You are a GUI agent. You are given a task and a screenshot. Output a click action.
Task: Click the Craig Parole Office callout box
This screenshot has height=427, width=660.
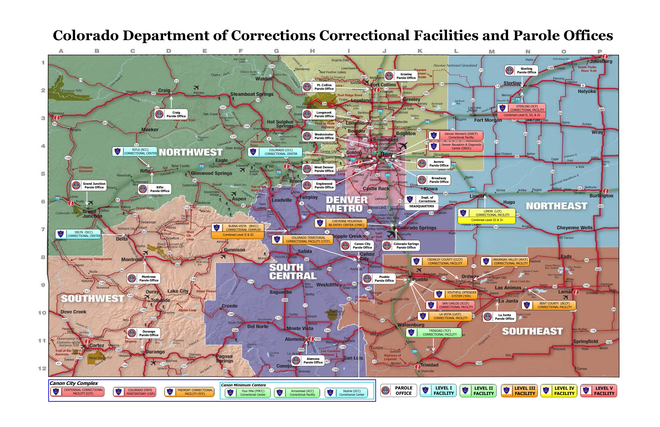[x=171, y=114]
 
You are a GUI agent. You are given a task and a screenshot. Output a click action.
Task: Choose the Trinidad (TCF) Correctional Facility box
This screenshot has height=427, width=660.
[x=434, y=332]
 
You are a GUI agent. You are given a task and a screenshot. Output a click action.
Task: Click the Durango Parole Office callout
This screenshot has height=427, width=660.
[x=144, y=333]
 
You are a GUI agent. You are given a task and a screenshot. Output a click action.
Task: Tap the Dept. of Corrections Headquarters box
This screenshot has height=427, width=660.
[x=421, y=202]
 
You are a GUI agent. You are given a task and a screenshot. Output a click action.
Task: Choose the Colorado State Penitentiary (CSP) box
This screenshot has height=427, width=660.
[x=134, y=392]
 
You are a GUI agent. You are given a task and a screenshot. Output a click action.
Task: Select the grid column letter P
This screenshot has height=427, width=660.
[x=600, y=51]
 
